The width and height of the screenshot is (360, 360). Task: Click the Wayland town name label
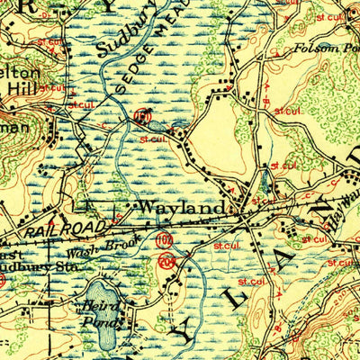click(x=180, y=208)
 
